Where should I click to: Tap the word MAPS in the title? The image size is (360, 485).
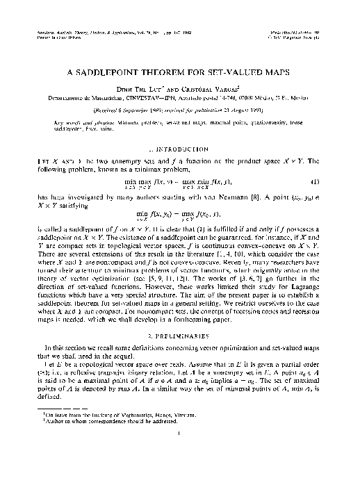[247, 72]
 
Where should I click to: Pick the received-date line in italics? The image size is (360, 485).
[179, 110]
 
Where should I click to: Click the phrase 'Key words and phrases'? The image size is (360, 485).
[82, 122]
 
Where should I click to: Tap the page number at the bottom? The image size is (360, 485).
[180, 454]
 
